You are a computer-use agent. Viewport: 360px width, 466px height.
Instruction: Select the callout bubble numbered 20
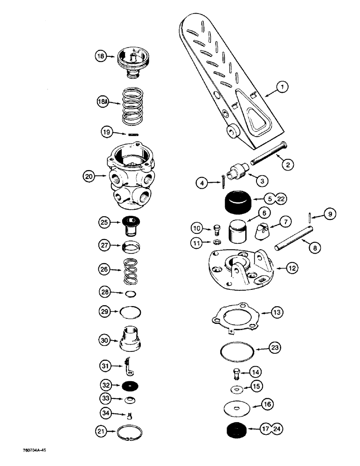(x=89, y=176)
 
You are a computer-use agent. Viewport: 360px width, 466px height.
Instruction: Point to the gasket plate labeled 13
(x=235, y=317)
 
